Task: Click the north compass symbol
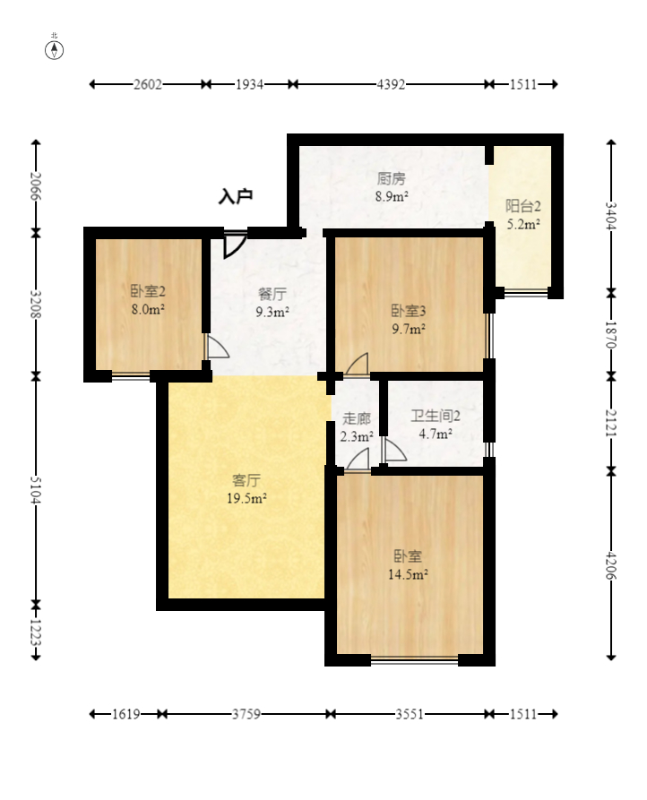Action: click(54, 50)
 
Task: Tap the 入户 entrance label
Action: click(236, 196)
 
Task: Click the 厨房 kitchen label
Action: click(392, 178)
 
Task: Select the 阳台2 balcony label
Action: click(523, 206)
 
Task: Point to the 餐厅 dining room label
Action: click(272, 294)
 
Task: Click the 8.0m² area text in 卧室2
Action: click(148, 309)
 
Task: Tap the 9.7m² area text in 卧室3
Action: click(409, 329)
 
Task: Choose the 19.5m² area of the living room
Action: click(246, 498)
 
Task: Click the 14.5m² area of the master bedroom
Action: click(408, 574)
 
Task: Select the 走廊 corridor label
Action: click(356, 418)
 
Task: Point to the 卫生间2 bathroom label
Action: click(436, 417)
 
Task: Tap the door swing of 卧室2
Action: click(217, 347)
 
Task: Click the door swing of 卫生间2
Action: click(394, 450)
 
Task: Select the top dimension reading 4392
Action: click(391, 84)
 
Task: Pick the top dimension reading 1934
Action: click(249, 84)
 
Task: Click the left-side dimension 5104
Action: click(36, 490)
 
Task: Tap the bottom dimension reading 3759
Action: click(246, 714)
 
